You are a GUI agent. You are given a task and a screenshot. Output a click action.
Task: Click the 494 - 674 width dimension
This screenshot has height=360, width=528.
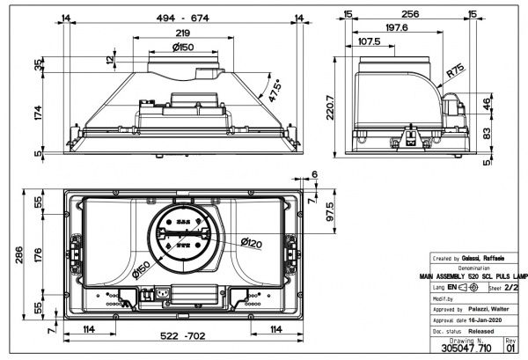point(176,17)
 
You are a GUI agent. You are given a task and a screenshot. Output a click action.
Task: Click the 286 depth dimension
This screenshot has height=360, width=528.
point(11,255)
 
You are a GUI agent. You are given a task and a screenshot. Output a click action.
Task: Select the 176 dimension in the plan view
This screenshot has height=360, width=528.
point(37,255)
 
